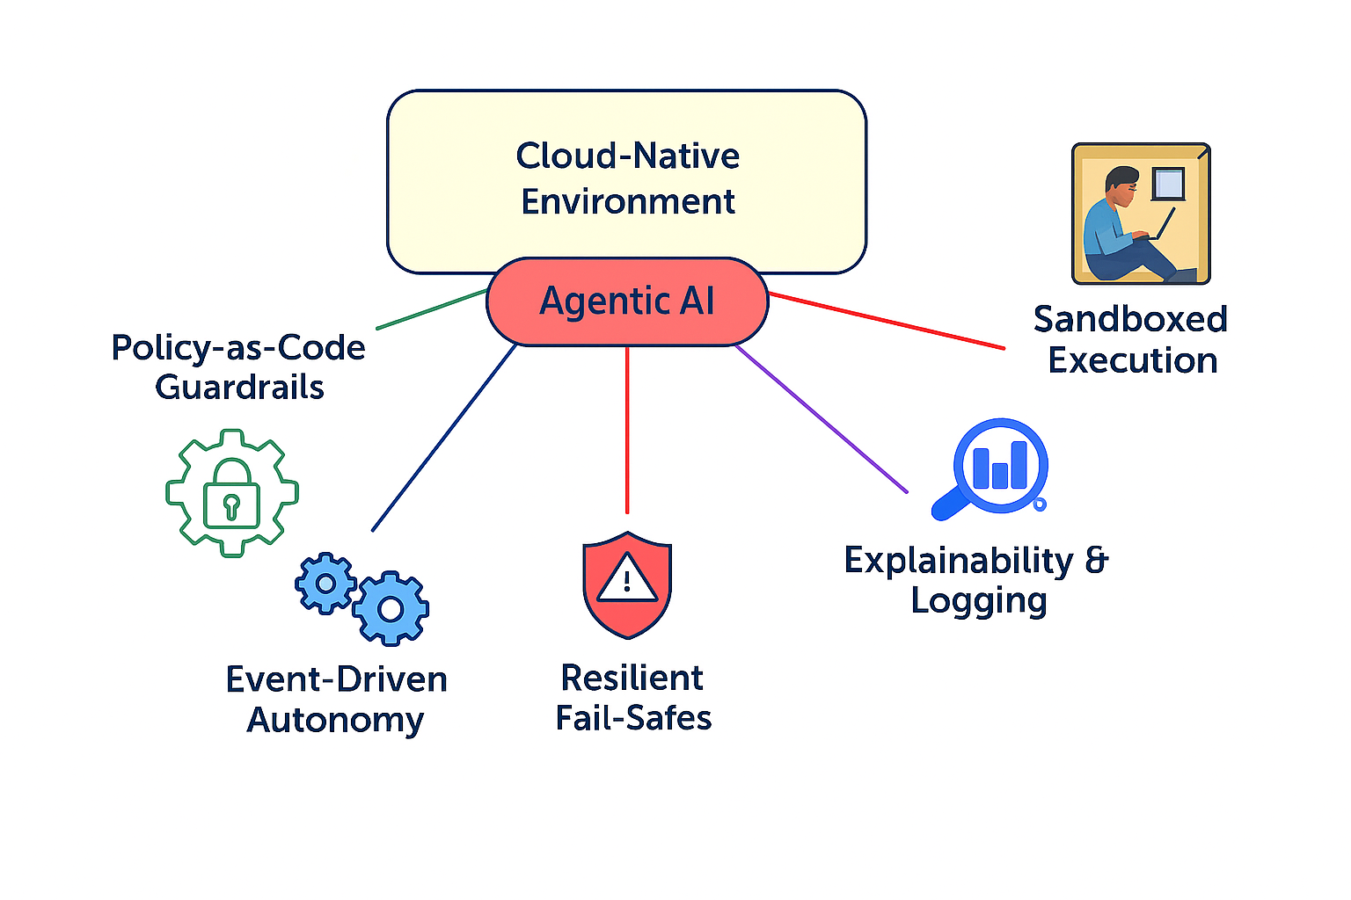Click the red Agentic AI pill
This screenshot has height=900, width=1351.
[627, 301]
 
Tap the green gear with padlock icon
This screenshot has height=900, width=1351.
[231, 493]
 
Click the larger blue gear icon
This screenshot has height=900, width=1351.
[391, 608]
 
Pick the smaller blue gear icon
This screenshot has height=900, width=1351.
[325, 583]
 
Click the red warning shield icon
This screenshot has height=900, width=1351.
[627, 584]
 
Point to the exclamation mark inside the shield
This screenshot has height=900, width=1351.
[627, 581]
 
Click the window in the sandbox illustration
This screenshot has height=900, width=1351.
[1169, 184]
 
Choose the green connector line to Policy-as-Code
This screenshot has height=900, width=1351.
[431, 309]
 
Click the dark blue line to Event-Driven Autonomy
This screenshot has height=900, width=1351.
[444, 438]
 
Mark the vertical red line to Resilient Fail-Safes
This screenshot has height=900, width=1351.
[627, 431]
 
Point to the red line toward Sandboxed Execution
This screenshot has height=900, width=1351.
[888, 322]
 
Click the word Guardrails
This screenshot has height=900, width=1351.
[239, 388]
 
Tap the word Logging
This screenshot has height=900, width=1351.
[979, 601]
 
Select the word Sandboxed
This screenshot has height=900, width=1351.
[1130, 319]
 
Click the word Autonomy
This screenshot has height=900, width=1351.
[335, 720]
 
